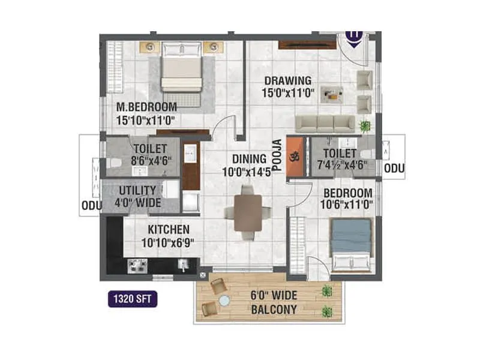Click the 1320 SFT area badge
click(133, 298)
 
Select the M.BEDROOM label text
click(147, 107)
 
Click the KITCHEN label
click(169, 230)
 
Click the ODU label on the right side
click(394, 169)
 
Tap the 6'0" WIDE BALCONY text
click(273, 303)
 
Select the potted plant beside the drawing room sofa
click(364, 126)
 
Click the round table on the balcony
click(224, 300)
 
